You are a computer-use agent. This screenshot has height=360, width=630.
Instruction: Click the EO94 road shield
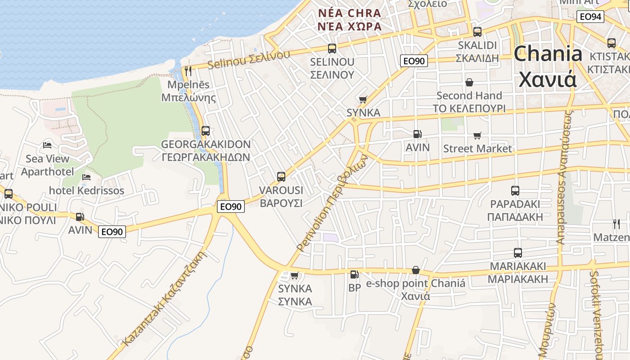(x=590, y=17)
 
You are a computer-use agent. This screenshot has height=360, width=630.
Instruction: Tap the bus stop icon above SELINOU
(x=332, y=49)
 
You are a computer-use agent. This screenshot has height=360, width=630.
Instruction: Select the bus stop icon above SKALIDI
(x=477, y=32)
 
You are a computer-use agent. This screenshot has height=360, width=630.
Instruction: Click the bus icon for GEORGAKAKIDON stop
(x=206, y=131)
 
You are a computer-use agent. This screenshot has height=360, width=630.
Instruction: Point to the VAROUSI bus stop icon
(x=281, y=177)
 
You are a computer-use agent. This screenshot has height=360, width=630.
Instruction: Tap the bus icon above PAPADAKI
(x=515, y=191)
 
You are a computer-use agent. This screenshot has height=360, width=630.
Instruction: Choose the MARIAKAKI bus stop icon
(x=518, y=253)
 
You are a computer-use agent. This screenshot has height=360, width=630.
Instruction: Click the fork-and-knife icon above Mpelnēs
(x=188, y=71)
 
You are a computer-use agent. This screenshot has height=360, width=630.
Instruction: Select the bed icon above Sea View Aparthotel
(x=47, y=145)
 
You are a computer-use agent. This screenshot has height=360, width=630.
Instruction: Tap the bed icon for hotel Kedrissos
(x=87, y=177)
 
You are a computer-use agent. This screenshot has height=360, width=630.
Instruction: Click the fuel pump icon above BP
(x=354, y=274)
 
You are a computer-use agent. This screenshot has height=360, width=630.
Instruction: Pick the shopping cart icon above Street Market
(x=477, y=135)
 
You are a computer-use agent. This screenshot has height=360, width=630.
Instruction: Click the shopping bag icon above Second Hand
(x=469, y=82)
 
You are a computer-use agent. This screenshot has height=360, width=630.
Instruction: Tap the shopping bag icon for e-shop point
(x=416, y=270)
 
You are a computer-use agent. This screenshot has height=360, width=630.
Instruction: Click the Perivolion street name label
(x=332, y=203)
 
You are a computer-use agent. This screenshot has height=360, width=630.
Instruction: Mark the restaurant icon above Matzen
(x=616, y=224)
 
